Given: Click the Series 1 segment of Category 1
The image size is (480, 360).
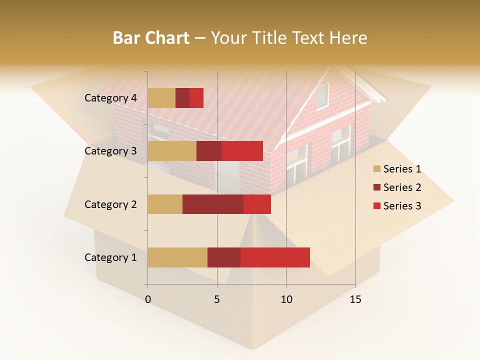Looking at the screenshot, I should (x=177, y=257).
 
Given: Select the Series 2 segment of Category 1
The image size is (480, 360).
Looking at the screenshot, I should (x=224, y=257).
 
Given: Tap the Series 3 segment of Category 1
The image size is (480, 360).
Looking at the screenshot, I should (x=275, y=257).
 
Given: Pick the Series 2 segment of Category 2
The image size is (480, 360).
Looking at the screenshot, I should (x=213, y=204).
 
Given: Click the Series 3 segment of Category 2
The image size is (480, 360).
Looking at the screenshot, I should (x=257, y=204).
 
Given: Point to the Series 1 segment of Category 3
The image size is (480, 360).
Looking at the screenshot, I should (x=172, y=151).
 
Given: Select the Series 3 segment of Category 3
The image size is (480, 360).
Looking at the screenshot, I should (x=242, y=151).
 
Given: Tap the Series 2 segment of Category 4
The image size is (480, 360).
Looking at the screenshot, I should (x=182, y=98).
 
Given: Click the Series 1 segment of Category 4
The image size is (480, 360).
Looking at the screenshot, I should (x=161, y=98).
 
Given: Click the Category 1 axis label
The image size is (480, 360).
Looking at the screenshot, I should (x=110, y=257).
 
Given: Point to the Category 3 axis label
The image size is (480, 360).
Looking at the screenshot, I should (x=110, y=151).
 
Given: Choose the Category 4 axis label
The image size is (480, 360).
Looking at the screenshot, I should (x=110, y=98).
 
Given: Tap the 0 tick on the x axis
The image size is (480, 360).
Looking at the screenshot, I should (x=148, y=299).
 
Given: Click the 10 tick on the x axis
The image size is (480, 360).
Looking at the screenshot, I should (x=286, y=299).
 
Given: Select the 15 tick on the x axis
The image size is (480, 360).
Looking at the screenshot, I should (x=355, y=299).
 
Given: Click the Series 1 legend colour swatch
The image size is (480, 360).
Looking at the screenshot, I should (x=377, y=169).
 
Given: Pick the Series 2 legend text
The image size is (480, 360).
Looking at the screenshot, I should (x=402, y=187).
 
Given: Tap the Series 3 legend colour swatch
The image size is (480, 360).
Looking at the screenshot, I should (x=377, y=206).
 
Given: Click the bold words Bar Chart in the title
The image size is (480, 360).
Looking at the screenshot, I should (x=151, y=38).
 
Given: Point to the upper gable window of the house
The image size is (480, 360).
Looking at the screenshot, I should (x=322, y=95).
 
